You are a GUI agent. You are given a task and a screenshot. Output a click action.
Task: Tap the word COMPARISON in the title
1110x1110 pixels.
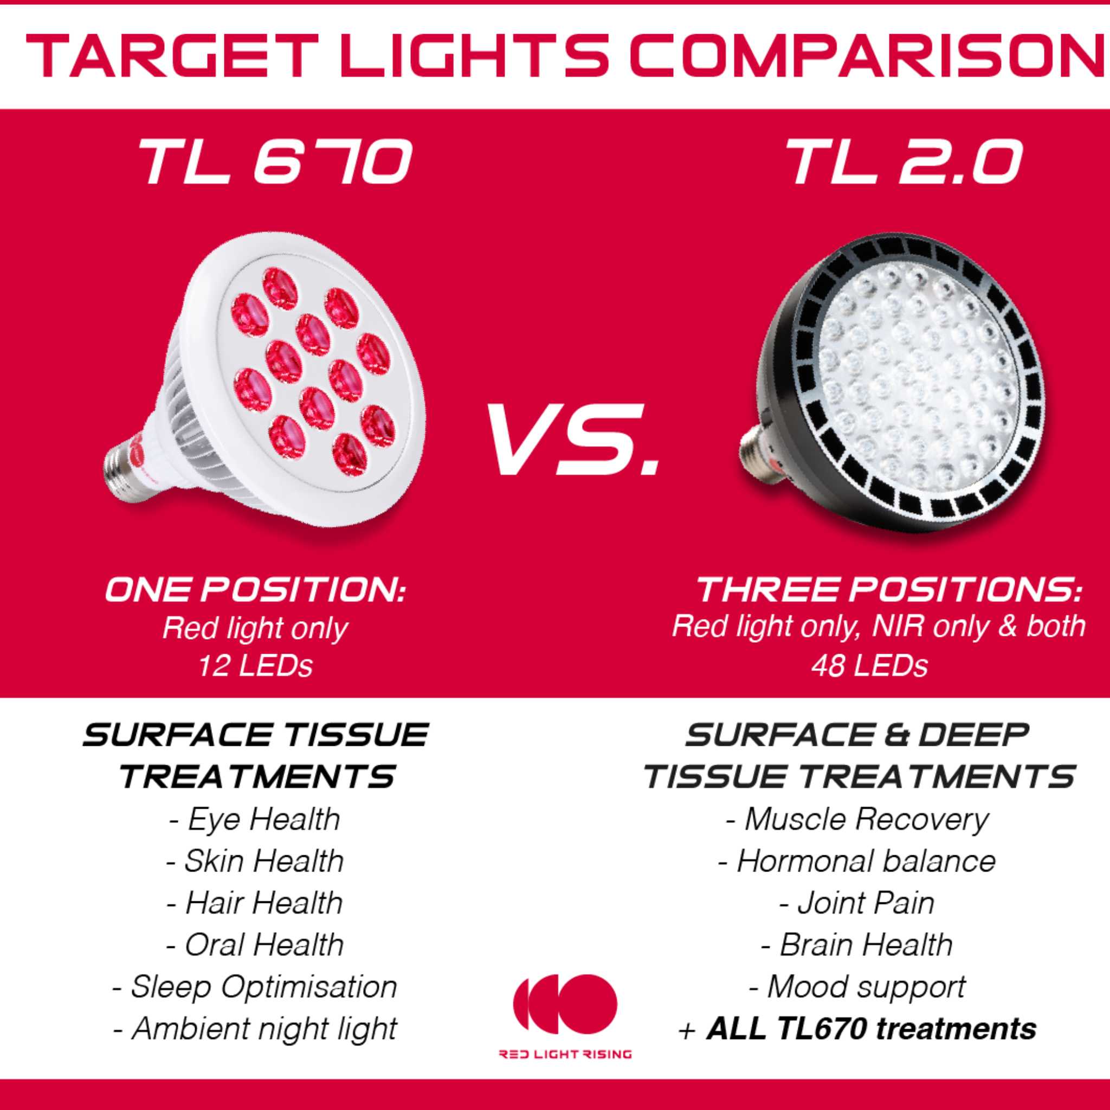click(869, 56)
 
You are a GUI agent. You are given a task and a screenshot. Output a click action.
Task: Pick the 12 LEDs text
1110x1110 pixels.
click(255, 667)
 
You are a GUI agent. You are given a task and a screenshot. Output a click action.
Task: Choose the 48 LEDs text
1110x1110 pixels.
click(869, 667)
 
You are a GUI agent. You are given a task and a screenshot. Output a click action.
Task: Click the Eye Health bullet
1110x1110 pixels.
click(255, 819)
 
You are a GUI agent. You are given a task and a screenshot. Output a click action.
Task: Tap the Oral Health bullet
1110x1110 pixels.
click(255, 945)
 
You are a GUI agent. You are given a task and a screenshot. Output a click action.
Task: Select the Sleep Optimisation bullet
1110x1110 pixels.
click(255, 988)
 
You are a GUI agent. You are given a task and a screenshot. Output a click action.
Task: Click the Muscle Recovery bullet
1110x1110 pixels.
click(857, 819)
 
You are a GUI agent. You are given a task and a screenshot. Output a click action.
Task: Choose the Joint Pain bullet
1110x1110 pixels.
click(857, 903)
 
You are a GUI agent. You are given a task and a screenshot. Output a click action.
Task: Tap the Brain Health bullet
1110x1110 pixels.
click(857, 945)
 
